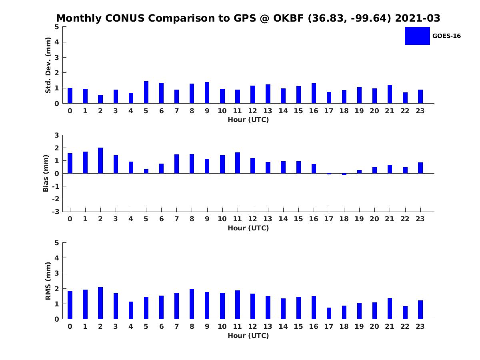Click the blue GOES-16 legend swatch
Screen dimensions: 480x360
[x=417, y=36]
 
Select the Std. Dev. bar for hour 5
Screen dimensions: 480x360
[x=146, y=92]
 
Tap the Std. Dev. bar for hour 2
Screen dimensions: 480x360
[x=100, y=99]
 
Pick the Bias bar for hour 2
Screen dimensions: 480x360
[x=100, y=160]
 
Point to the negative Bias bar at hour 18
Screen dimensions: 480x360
[x=344, y=174]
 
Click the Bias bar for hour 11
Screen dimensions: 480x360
[x=238, y=163]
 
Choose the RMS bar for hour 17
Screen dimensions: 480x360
[x=329, y=313]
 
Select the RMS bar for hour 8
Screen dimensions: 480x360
[x=192, y=304]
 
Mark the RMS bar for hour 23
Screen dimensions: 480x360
[x=420, y=310]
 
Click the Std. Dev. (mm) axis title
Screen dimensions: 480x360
[x=48, y=65]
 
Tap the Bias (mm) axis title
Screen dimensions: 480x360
[x=46, y=173]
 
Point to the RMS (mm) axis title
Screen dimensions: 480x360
[x=48, y=281]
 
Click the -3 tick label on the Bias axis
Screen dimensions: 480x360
[x=56, y=212]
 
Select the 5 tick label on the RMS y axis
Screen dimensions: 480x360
[x=57, y=243]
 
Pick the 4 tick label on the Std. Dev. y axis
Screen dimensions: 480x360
[x=57, y=42]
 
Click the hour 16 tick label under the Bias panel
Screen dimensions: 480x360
[x=313, y=219]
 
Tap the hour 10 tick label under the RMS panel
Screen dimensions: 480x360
[x=222, y=326]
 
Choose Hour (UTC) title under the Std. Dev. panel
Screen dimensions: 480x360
[x=248, y=120]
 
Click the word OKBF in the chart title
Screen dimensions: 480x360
[x=288, y=18]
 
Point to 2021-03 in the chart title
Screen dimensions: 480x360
[x=417, y=18]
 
